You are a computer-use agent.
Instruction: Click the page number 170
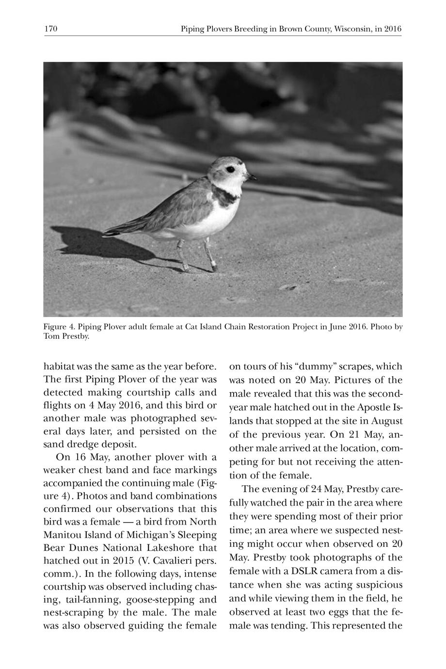[51, 29]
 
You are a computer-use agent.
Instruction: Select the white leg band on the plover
[214, 265]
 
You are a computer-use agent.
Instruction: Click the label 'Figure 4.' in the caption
[59, 327]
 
